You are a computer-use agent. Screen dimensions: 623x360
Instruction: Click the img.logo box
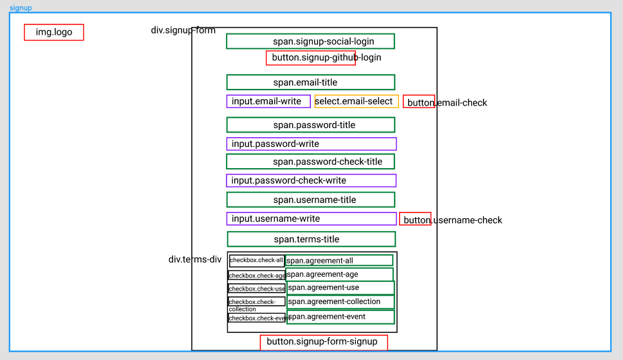tap(53, 32)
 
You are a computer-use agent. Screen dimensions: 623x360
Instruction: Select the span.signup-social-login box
tap(310, 41)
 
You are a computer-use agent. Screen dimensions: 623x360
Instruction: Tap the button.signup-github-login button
tap(311, 58)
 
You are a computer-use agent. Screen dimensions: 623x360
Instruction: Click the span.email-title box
tap(311, 82)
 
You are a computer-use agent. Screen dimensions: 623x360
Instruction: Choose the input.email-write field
tap(268, 102)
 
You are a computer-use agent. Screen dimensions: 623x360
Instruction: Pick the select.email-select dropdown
tap(357, 102)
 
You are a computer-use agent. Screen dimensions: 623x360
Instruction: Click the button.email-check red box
tap(419, 102)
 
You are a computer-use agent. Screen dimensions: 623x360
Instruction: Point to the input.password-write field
tap(311, 144)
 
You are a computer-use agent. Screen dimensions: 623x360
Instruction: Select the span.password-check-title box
tap(310, 162)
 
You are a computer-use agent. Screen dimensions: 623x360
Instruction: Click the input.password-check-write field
tap(311, 180)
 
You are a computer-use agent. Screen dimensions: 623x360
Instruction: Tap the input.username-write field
tap(311, 219)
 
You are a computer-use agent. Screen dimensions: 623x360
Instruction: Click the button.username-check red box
tap(415, 219)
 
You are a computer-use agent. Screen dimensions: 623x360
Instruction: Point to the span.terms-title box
tap(311, 240)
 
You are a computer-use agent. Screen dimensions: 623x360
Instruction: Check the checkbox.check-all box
tap(257, 261)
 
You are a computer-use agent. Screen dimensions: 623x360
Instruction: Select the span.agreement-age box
tap(339, 274)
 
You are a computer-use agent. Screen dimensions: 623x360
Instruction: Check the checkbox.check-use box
tap(257, 289)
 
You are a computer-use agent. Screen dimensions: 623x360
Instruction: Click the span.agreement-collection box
tap(340, 302)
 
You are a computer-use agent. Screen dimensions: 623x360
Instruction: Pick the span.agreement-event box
tap(340, 317)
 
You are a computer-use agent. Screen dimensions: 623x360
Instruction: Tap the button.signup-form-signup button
tap(324, 343)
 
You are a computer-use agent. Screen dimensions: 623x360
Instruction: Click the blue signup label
tap(21, 8)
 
